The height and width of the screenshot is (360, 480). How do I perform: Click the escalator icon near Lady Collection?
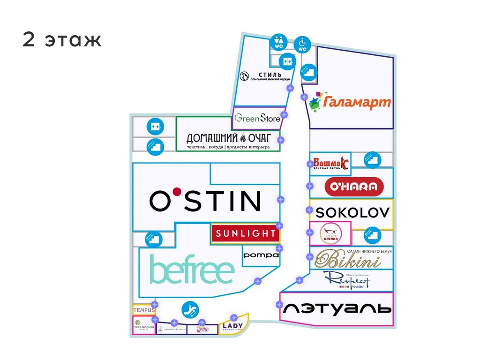(x=190, y=309)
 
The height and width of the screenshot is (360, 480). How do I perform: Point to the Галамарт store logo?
(x=351, y=100)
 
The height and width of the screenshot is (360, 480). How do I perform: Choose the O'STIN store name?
(x=205, y=200)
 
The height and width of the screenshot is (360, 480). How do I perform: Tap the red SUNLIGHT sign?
(x=245, y=233)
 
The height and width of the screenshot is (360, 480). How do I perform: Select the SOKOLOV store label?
(x=352, y=212)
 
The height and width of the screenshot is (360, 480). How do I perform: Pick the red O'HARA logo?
(x=354, y=187)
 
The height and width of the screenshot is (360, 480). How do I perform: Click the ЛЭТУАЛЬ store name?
(x=337, y=308)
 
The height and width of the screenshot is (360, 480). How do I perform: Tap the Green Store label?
(x=257, y=118)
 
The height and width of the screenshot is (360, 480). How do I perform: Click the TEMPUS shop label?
(x=143, y=310)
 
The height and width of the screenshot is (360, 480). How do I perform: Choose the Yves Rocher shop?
(x=143, y=326)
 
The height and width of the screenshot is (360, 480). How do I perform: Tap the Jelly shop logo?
(x=202, y=329)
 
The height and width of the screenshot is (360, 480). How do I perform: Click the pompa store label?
(x=261, y=255)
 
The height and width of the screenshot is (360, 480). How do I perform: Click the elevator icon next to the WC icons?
(x=286, y=61)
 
